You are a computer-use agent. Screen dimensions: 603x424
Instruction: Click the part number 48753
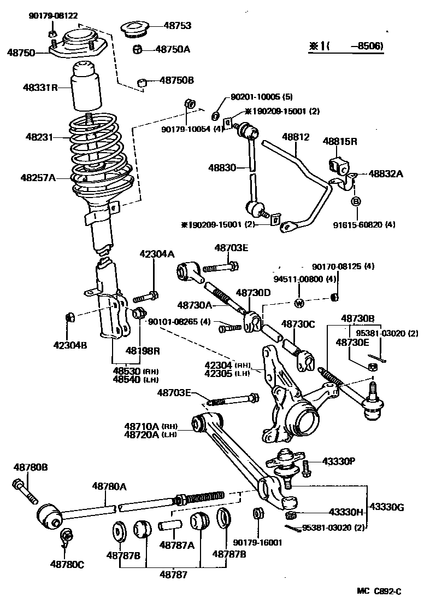176,25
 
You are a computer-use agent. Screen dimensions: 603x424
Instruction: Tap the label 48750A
173,49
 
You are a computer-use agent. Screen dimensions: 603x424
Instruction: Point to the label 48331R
40,87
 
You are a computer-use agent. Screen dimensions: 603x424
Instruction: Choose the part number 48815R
339,141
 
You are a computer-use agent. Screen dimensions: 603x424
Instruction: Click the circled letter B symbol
356,202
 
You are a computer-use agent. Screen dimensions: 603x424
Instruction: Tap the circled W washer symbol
299,303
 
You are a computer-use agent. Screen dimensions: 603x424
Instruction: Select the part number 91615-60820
364,224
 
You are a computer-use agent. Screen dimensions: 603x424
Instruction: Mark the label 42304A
157,254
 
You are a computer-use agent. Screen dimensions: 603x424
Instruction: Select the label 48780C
67,564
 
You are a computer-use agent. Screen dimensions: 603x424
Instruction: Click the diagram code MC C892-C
379,591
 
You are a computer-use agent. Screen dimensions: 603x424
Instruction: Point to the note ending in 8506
345,47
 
